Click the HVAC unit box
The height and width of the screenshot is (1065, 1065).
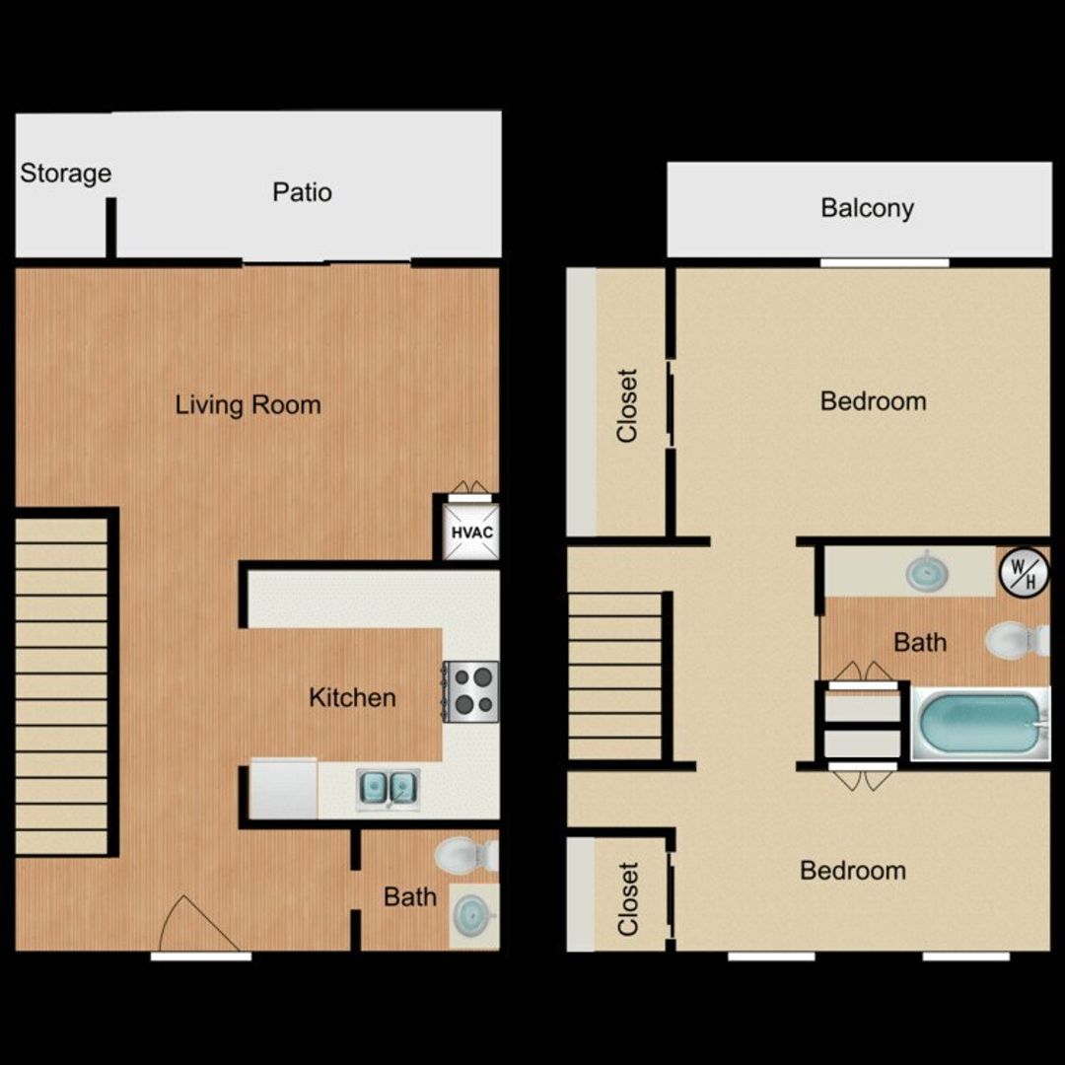pyautogui.click(x=471, y=532)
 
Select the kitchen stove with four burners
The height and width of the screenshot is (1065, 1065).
pyautogui.click(x=470, y=691)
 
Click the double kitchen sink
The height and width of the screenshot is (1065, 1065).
pyautogui.click(x=388, y=788)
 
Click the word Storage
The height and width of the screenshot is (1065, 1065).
pyautogui.click(x=66, y=174)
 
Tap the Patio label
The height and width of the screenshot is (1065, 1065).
pyautogui.click(x=303, y=192)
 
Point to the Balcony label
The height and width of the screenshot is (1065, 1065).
pyautogui.click(x=868, y=208)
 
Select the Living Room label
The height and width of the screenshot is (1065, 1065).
pyautogui.click(x=248, y=405)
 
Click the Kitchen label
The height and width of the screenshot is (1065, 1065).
pyautogui.click(x=352, y=697)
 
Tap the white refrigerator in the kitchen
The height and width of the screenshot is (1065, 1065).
pyautogui.click(x=283, y=789)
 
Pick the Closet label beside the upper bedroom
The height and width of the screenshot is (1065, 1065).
pyautogui.click(x=627, y=406)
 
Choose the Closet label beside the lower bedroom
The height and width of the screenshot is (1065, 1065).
pyautogui.click(x=627, y=899)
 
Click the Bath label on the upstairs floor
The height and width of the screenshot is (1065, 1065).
pyautogui.click(x=920, y=642)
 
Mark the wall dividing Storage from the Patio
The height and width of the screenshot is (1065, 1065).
pyautogui.click(x=110, y=228)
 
